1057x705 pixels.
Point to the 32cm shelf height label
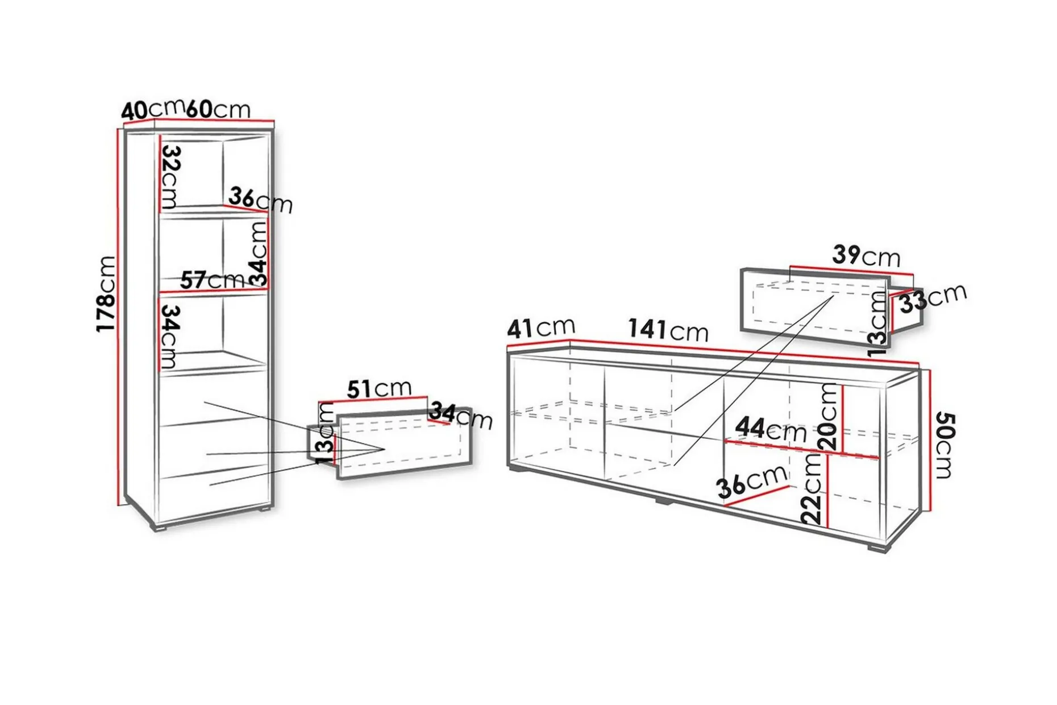170,177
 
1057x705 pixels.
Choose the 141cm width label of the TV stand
668,330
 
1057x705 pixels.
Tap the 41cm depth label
541,327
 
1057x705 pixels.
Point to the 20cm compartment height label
829,417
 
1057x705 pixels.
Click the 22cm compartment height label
812,490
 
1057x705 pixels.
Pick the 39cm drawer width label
867,256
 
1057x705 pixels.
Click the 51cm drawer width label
379,389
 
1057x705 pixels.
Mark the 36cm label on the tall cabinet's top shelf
260,200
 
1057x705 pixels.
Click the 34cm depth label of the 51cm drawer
461,416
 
